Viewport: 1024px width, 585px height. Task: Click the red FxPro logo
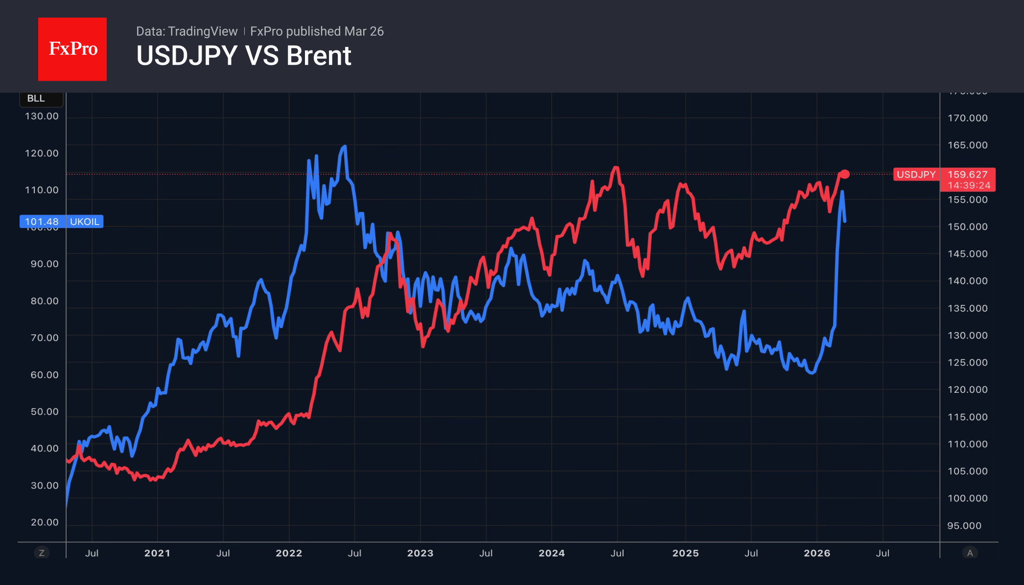72,49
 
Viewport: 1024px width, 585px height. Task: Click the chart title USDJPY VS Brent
243,56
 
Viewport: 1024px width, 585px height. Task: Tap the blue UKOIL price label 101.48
42,222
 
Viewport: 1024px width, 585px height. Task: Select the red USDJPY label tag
916,175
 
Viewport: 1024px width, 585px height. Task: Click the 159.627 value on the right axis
967,175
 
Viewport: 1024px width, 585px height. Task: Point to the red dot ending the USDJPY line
845,174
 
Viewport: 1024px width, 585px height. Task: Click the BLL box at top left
36,98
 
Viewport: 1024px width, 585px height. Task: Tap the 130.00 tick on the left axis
42,116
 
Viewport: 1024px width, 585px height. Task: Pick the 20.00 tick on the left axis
45,522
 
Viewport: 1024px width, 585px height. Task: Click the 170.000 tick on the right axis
967,118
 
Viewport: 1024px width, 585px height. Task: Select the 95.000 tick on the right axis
964,526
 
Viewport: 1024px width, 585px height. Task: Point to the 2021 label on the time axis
157,553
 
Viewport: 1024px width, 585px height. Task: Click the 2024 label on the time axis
552,553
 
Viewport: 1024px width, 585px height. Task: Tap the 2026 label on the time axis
817,553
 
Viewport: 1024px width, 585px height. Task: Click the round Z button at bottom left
42,553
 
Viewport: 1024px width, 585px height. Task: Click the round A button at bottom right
970,553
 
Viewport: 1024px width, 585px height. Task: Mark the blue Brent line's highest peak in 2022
345,146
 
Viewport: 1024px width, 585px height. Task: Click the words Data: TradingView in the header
186,31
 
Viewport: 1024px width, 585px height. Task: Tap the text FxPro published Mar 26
317,31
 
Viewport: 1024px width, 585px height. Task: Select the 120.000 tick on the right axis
967,390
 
